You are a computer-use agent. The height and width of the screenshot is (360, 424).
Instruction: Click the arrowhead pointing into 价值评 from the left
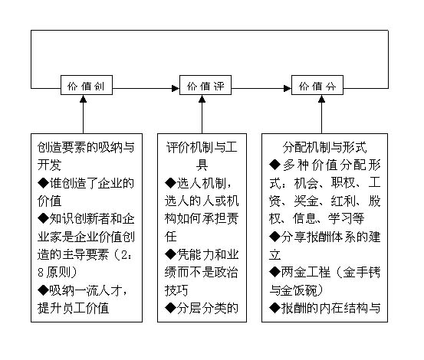176,88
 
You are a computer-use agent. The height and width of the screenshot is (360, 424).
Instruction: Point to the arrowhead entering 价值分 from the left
288,88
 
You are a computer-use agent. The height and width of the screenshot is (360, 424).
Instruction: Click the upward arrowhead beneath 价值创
84,99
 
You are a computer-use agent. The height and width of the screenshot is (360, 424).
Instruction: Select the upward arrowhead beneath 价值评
202,99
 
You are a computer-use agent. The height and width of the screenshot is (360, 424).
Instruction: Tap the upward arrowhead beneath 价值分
321,99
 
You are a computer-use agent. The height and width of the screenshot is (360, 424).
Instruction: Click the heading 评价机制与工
202,148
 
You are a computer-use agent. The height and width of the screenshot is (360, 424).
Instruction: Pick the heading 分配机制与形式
324,148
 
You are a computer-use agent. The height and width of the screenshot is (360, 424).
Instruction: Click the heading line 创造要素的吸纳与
86,148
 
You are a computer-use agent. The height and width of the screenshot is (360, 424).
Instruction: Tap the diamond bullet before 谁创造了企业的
43,183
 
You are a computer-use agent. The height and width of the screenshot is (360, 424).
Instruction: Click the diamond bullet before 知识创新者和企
43,218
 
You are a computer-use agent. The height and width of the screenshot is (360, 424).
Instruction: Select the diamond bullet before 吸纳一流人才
43,290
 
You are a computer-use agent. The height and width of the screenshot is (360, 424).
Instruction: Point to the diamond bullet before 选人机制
170,183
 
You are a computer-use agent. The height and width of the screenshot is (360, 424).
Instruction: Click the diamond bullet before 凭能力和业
170,254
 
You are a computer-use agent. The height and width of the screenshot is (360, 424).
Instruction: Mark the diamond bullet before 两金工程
274,272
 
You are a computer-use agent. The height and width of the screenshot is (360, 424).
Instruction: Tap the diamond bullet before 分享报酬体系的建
274,237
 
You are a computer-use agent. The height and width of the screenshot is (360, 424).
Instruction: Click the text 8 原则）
58,272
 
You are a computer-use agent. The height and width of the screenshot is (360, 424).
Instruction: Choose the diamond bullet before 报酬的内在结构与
274,308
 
